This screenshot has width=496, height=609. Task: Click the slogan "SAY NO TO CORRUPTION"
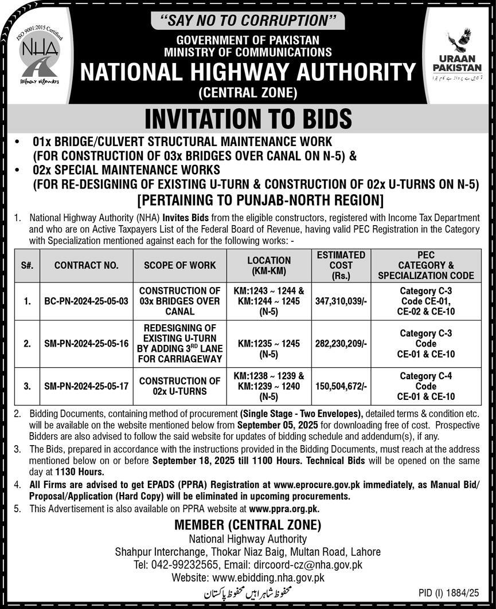tap(247, 21)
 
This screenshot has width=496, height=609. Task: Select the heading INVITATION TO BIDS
tap(248, 119)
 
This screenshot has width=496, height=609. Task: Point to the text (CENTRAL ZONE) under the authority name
tap(248, 92)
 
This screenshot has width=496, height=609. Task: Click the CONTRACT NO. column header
tap(87, 265)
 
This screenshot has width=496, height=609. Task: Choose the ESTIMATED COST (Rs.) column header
tap(341, 265)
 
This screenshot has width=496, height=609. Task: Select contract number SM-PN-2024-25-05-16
tap(87, 344)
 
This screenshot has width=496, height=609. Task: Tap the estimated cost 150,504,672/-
tap(341, 386)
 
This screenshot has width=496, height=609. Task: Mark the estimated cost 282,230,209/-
tap(341, 344)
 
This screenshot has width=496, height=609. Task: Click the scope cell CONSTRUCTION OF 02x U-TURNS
tap(180, 386)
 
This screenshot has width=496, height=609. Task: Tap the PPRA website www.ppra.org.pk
tap(284, 508)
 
